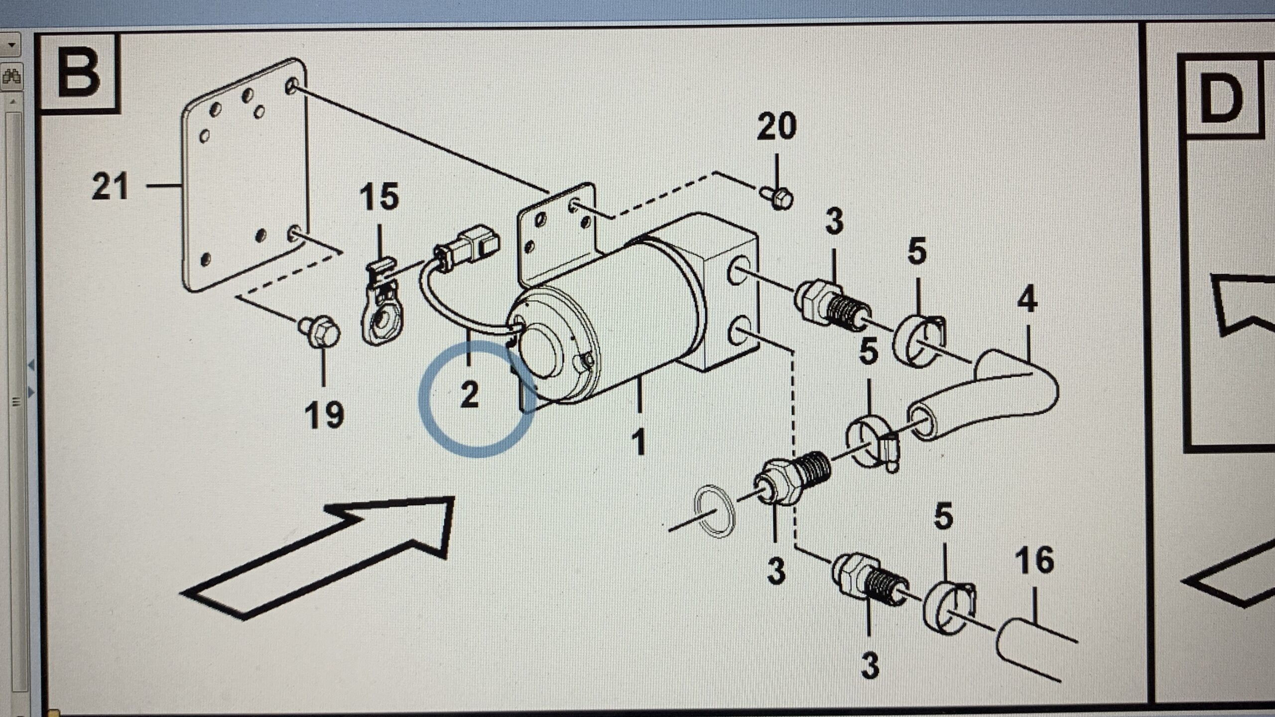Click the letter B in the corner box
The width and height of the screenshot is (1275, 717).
pyautogui.click(x=78, y=74)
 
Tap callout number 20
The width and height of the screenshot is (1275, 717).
pyautogui.click(x=776, y=127)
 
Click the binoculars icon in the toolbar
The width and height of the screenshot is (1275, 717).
pyautogui.click(x=11, y=77)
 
